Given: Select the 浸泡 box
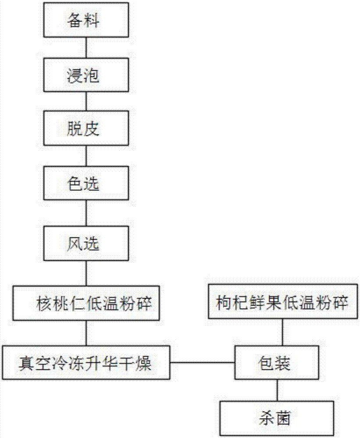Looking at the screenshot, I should click(86, 75).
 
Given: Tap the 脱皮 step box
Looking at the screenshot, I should click(86, 129).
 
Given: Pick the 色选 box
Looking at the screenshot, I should click(86, 183).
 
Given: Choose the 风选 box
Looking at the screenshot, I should click(86, 244).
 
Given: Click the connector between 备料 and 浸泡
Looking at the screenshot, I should click(86, 49).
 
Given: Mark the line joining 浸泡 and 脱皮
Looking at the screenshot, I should click(86, 102).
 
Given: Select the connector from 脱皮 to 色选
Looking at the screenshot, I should click(86, 156).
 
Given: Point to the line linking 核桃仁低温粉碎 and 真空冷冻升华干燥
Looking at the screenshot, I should click(86, 333).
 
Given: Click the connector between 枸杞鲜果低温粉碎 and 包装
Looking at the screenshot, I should click(282, 333).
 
